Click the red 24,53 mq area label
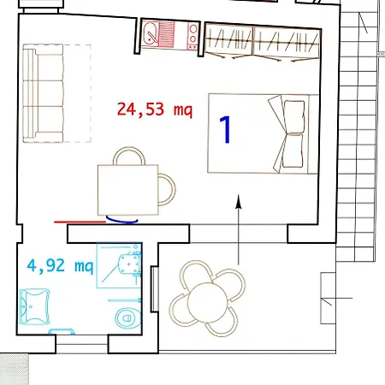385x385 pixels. point(155,110)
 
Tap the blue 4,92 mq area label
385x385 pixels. point(60,266)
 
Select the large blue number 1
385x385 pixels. point(226,129)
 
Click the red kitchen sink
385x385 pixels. point(151,33)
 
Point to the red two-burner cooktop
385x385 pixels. point(192,36)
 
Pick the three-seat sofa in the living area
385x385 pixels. point(43,93)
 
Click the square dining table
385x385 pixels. point(127,190)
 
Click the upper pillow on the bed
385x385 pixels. point(294,117)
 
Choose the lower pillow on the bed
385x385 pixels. point(293,151)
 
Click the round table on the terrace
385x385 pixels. point(207,302)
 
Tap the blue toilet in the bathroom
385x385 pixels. point(128,317)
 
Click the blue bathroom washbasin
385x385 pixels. point(34,307)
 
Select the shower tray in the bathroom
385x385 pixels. point(119,265)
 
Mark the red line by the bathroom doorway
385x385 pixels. point(80,222)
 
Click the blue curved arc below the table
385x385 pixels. point(122,221)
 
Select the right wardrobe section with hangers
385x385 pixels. point(287,43)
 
